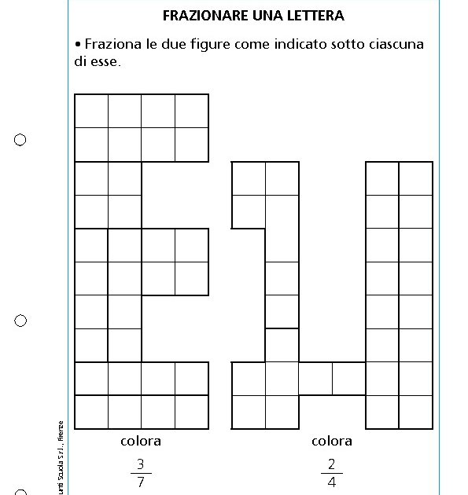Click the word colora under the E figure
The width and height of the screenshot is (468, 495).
click(x=141, y=441)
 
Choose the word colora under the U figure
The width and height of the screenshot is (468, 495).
click(x=332, y=441)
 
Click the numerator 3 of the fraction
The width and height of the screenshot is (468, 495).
click(x=141, y=464)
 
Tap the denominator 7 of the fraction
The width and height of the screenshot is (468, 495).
click(x=141, y=482)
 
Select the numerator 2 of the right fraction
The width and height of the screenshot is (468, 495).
click(x=332, y=464)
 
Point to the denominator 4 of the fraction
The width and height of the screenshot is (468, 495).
click(x=332, y=482)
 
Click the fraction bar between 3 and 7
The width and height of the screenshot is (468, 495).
click(x=141, y=473)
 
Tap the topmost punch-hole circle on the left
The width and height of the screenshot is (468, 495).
click(x=20, y=140)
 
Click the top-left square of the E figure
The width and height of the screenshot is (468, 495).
click(x=91, y=111)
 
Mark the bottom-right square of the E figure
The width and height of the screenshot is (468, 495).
click(x=192, y=412)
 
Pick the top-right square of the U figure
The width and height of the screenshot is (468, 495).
click(x=416, y=178)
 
